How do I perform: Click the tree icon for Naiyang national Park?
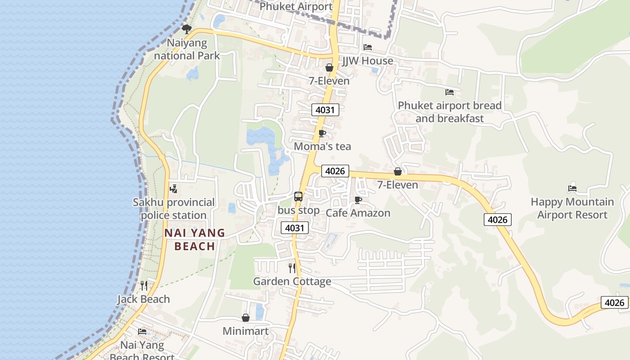187,29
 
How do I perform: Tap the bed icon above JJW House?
368,47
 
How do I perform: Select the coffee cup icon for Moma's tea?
322,133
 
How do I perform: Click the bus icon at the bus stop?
298,196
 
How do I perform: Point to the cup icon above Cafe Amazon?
358,200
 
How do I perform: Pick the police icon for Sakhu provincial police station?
174,189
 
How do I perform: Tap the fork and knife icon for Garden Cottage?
292,268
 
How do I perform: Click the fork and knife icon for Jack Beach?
144,285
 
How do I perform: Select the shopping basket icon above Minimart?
246,318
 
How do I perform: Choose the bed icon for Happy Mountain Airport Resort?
572,188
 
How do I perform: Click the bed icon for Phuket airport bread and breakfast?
450,92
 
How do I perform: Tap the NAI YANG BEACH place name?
194,239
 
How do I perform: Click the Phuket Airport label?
296,6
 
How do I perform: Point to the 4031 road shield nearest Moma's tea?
325,109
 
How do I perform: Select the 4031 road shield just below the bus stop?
295,228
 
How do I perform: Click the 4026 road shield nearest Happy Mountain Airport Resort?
498,220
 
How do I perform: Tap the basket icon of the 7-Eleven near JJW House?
329,67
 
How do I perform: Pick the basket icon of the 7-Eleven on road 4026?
398,171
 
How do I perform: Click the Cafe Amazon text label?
358,213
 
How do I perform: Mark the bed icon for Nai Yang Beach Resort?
142,332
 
